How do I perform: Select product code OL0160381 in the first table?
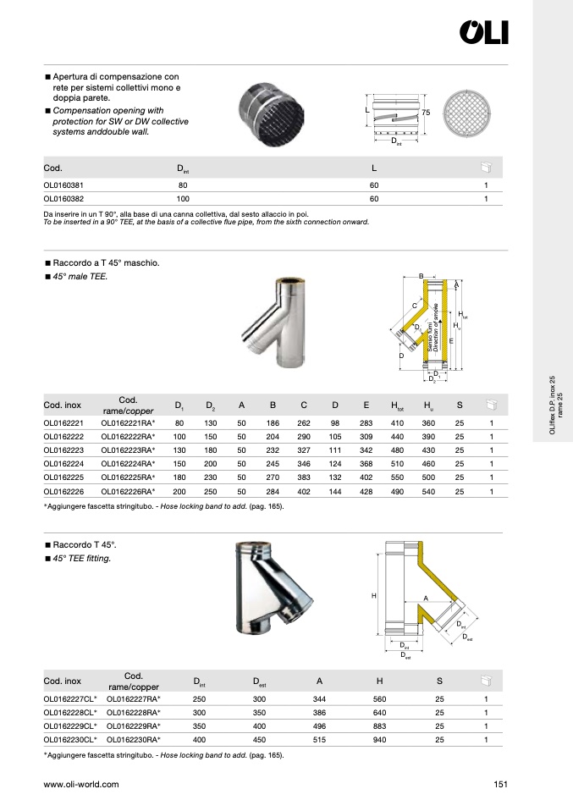63,185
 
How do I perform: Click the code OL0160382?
63,199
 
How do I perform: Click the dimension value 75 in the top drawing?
427,112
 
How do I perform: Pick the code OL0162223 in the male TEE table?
63,451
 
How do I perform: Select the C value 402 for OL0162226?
304,491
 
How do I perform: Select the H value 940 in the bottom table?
380,739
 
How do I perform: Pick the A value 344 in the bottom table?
320,699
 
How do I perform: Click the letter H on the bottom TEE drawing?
373,597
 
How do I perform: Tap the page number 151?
499,785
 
